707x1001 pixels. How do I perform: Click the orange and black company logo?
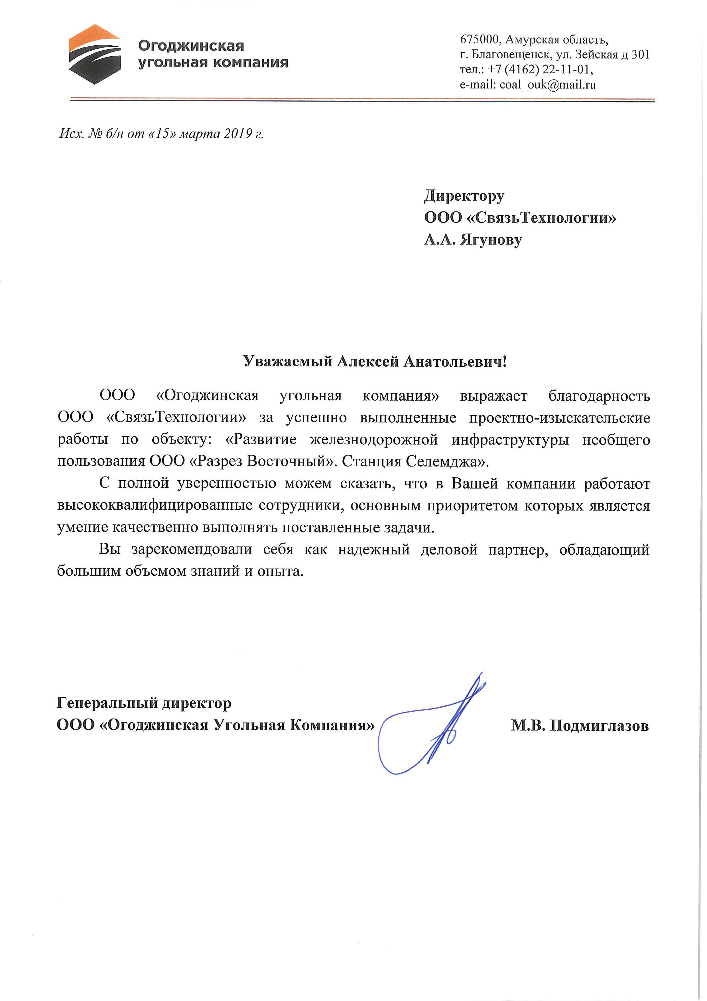pos(94,54)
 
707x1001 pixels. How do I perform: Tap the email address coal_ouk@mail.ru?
pos(548,84)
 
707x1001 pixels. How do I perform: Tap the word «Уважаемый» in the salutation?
pos(288,362)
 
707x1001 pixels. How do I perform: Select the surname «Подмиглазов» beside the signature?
pos(599,725)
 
